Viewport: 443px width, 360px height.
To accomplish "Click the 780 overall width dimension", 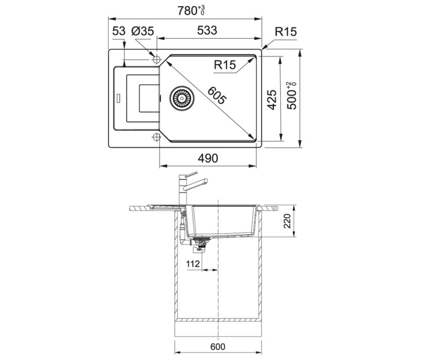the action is [191, 11].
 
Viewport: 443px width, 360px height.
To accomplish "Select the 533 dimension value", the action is [207, 30].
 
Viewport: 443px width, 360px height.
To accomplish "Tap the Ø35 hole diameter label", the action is [142, 31].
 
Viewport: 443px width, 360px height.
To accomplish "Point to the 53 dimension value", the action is [119, 31].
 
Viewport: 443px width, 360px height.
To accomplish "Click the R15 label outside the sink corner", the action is [286, 32].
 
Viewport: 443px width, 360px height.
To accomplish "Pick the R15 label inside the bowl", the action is [225, 65].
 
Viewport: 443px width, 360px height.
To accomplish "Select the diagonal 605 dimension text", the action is [217, 95].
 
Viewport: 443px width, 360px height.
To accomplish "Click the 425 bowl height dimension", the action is [272, 100].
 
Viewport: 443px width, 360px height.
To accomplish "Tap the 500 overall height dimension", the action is [292, 96].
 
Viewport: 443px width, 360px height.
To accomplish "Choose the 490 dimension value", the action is [208, 158].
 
